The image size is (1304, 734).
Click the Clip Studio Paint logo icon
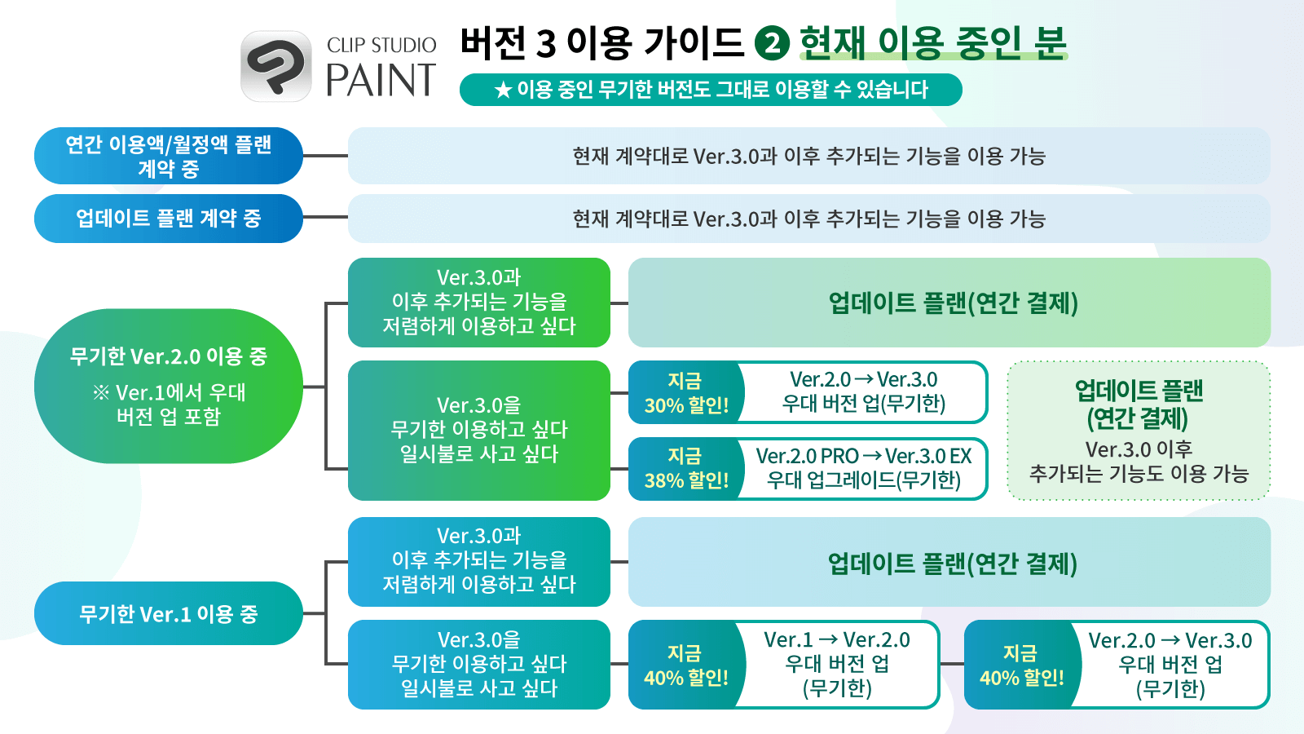[276, 66]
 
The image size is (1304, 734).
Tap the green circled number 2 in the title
[772, 43]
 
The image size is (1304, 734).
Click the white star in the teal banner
[503, 91]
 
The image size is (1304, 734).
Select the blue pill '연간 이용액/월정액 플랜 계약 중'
[168, 156]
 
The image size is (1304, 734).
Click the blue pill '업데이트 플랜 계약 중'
[168, 219]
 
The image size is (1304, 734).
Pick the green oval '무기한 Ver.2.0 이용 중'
[168, 387]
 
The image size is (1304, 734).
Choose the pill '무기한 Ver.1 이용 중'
[168, 613]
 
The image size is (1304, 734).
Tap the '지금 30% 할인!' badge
[685, 392]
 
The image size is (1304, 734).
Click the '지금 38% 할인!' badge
[685, 468]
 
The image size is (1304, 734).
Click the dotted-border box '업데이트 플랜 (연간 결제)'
[1139, 431]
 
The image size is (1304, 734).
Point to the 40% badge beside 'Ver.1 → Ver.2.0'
[685, 665]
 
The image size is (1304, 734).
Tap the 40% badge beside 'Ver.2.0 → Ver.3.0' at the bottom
[1021, 665]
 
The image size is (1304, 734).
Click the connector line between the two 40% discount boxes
[953, 664]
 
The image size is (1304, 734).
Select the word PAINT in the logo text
[381, 80]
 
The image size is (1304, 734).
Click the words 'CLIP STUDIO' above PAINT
[381, 45]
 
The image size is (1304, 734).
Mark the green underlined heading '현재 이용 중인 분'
[933, 43]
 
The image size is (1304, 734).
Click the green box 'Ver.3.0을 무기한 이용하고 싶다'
[479, 431]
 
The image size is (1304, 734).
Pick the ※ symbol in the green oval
[101, 392]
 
